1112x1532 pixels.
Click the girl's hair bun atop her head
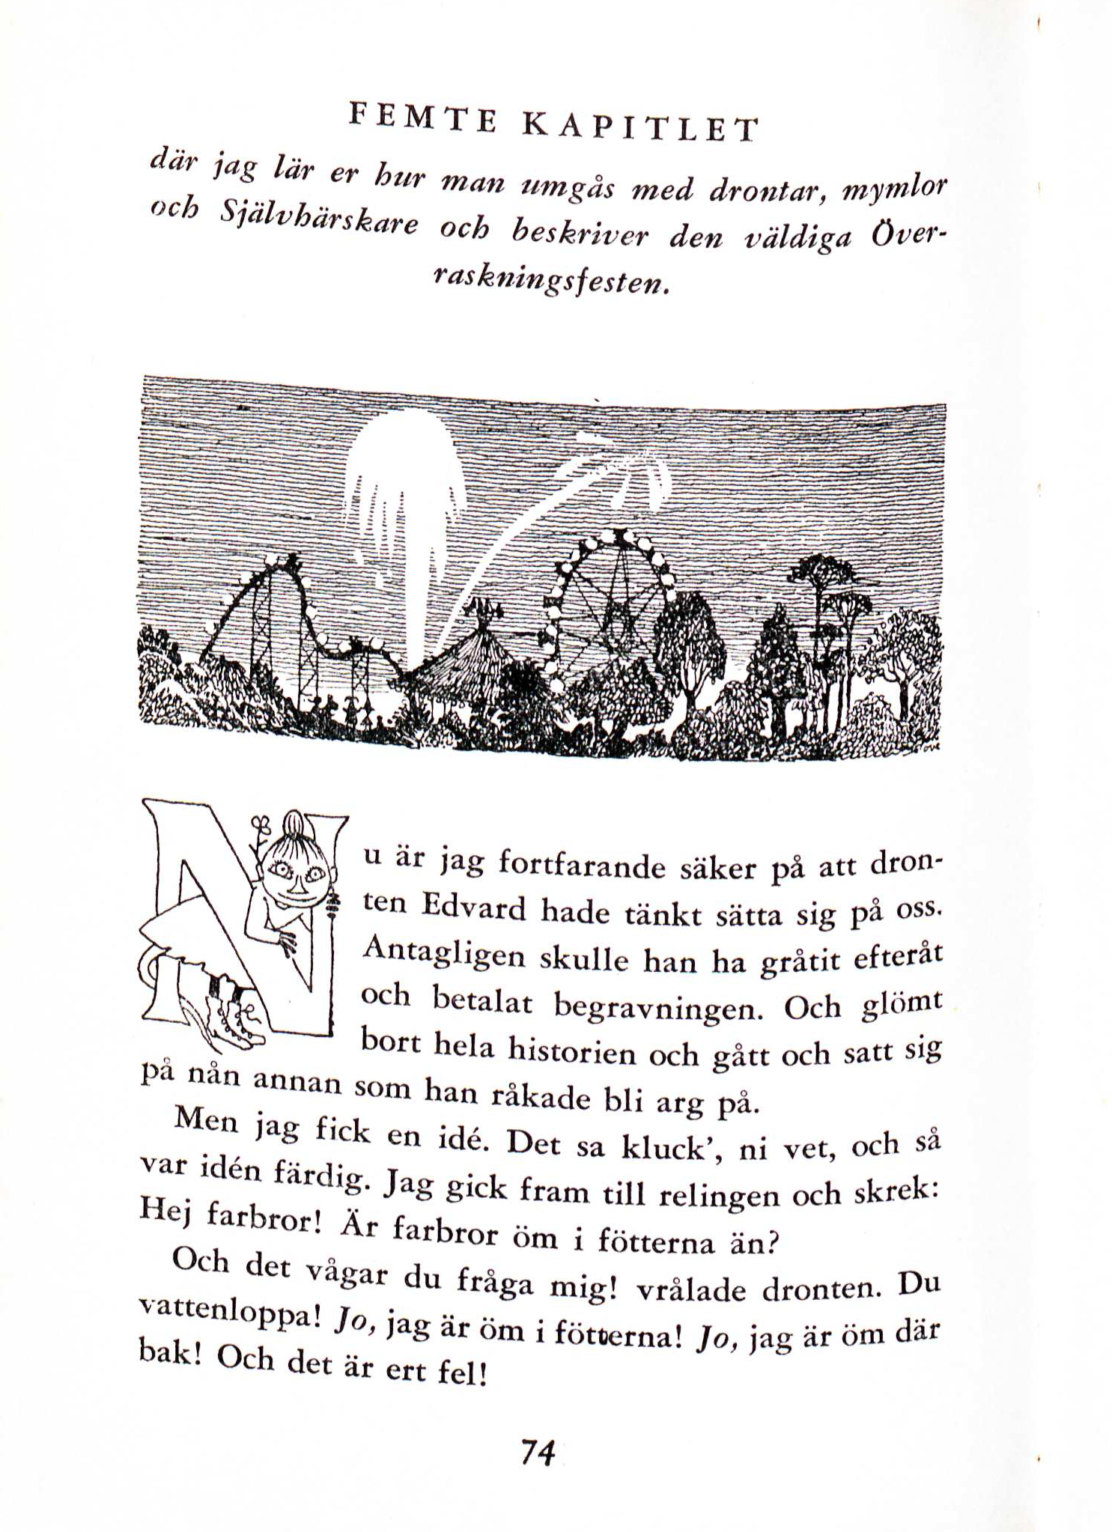coord(294,821)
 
